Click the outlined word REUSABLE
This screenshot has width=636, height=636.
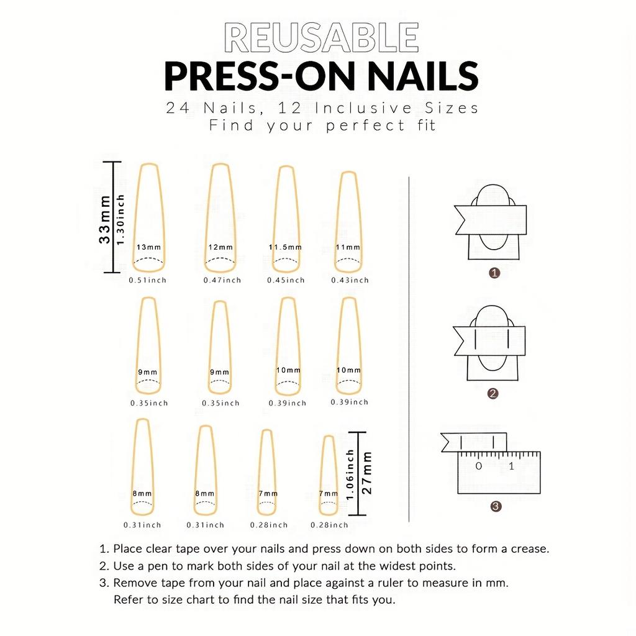(x=321, y=37)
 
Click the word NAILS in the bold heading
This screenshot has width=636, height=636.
(x=423, y=76)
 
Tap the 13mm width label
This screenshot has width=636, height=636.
(x=148, y=247)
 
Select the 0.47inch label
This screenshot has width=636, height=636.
(x=222, y=280)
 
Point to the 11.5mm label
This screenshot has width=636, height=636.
(x=285, y=247)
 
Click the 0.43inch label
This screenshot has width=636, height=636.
(x=350, y=280)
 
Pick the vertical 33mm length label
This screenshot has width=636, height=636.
(x=104, y=219)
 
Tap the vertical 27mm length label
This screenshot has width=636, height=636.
(x=366, y=473)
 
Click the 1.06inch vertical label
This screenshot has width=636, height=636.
(x=350, y=474)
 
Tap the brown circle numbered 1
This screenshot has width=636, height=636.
(x=494, y=273)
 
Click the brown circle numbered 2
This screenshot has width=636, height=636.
(x=493, y=393)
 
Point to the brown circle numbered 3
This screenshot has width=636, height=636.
(x=495, y=506)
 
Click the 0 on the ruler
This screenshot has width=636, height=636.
(x=479, y=466)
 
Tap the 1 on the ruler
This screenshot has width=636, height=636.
(x=511, y=466)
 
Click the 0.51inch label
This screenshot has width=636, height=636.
(x=148, y=280)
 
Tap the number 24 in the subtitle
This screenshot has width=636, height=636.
(x=178, y=108)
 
